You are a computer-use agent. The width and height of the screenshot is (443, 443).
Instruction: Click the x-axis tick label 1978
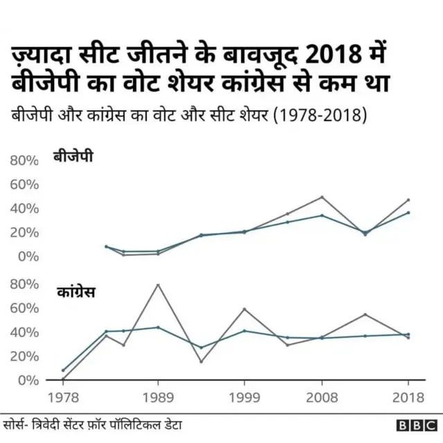pyautogui.click(x=63, y=397)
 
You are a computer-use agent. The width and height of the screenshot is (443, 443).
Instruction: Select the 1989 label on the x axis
pyautogui.click(x=159, y=397)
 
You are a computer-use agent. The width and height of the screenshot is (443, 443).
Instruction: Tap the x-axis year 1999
pyautogui.click(x=244, y=397)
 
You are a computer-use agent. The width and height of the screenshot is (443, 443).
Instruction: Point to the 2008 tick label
pyautogui.click(x=322, y=397)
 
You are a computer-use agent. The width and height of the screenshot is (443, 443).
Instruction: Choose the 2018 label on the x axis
pyautogui.click(x=408, y=397)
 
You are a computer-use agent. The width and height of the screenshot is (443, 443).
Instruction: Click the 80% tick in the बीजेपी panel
pyautogui.click(x=24, y=161)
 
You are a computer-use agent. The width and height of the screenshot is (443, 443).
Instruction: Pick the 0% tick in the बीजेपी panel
pyautogui.click(x=28, y=256)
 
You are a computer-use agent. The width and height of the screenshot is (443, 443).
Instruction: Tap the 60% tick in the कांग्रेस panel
pyautogui.click(x=24, y=308)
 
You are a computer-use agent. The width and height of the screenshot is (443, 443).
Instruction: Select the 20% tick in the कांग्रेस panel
pyautogui.click(x=24, y=356)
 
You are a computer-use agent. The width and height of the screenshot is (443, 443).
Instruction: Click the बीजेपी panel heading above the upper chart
pyautogui.click(x=73, y=157)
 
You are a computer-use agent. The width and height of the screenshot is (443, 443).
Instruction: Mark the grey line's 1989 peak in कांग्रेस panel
pyautogui.click(x=159, y=284)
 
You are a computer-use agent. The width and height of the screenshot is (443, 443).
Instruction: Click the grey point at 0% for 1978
pyautogui.click(x=63, y=379)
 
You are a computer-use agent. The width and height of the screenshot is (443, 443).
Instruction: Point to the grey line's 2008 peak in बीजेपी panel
pyautogui.click(x=322, y=197)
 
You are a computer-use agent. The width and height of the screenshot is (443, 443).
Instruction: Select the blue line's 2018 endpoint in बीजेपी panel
pyautogui.click(x=408, y=213)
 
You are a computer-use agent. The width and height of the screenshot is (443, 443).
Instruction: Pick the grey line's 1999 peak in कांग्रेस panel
pyautogui.click(x=244, y=309)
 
